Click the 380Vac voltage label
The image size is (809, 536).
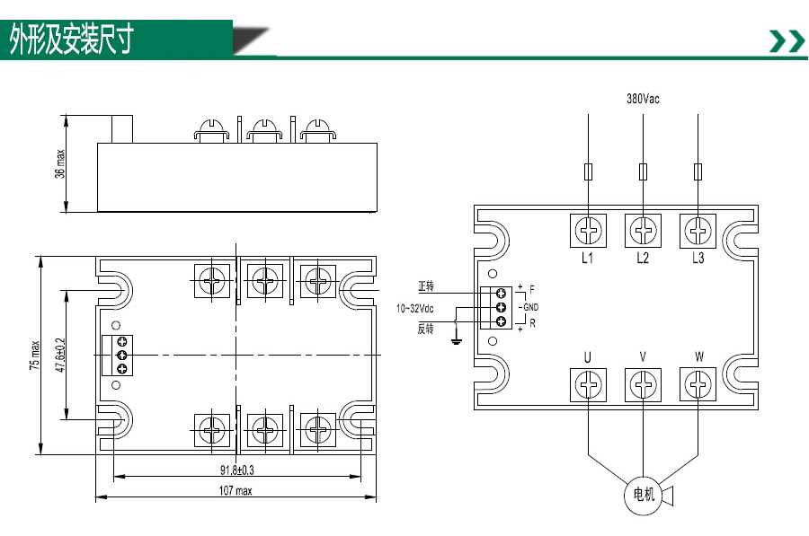[x=643, y=99]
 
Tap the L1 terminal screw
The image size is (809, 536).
[x=588, y=231]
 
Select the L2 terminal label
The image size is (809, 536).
[x=643, y=258]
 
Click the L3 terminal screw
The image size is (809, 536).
[x=698, y=231]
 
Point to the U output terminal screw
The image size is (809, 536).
[x=588, y=384]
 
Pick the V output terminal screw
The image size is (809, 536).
[x=643, y=384]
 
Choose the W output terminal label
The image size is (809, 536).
[x=698, y=356]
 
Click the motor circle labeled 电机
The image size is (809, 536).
[x=643, y=496]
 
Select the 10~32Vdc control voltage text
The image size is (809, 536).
[x=414, y=309]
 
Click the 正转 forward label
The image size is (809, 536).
[x=426, y=286]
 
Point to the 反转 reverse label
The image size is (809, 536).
[x=426, y=329]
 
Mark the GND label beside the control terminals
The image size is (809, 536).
[x=531, y=307]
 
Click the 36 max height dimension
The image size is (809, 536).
[x=60, y=164]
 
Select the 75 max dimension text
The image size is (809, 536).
[x=34, y=355]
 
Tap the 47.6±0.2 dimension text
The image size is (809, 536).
[x=60, y=355]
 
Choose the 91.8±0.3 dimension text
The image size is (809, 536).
[x=236, y=470]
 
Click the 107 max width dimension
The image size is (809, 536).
[x=236, y=490]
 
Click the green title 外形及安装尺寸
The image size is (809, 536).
[x=72, y=40]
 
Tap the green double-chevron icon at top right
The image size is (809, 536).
[x=787, y=41]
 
